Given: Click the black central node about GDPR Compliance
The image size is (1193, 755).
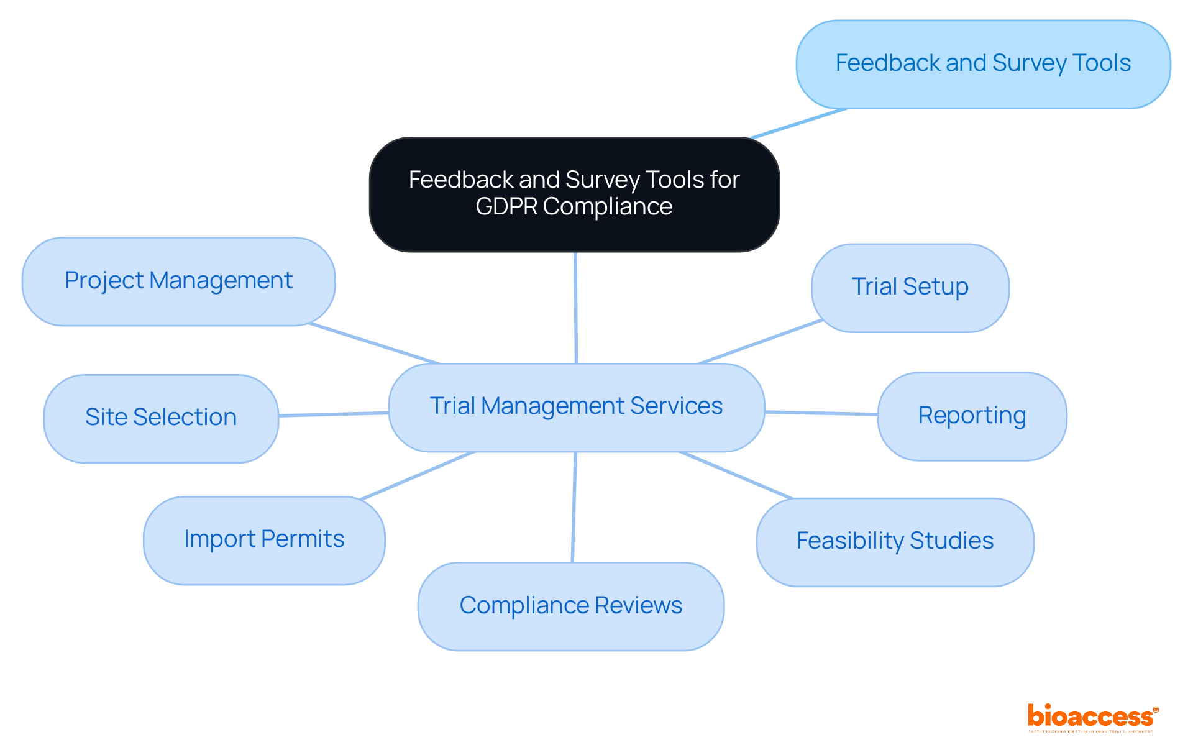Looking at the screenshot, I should point(574,194).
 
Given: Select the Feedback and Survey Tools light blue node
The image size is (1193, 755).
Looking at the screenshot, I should point(983,64).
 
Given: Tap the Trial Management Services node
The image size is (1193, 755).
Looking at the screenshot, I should point(576,407).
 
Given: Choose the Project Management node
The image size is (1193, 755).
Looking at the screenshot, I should point(178,281).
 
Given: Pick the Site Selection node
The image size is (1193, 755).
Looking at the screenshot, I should point(161,418).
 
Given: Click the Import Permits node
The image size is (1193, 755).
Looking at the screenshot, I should point(264,539).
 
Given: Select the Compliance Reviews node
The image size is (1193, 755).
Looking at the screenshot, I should point(570,606).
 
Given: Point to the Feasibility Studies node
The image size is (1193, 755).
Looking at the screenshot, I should point(895,541).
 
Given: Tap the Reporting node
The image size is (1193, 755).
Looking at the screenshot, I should point(972,416).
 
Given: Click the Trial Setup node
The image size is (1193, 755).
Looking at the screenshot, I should point(910,287).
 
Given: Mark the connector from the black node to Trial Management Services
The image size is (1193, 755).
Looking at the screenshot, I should point(576,308).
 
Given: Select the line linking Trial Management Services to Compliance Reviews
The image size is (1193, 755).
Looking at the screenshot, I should point(574,506).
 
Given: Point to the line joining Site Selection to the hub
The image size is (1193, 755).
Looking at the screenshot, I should point(334,414).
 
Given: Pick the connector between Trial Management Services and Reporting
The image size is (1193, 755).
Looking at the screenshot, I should point(820,413).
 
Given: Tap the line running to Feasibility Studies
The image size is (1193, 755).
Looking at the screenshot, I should point(736,475).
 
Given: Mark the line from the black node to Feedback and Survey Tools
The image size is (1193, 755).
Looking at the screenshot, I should point(798,124).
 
